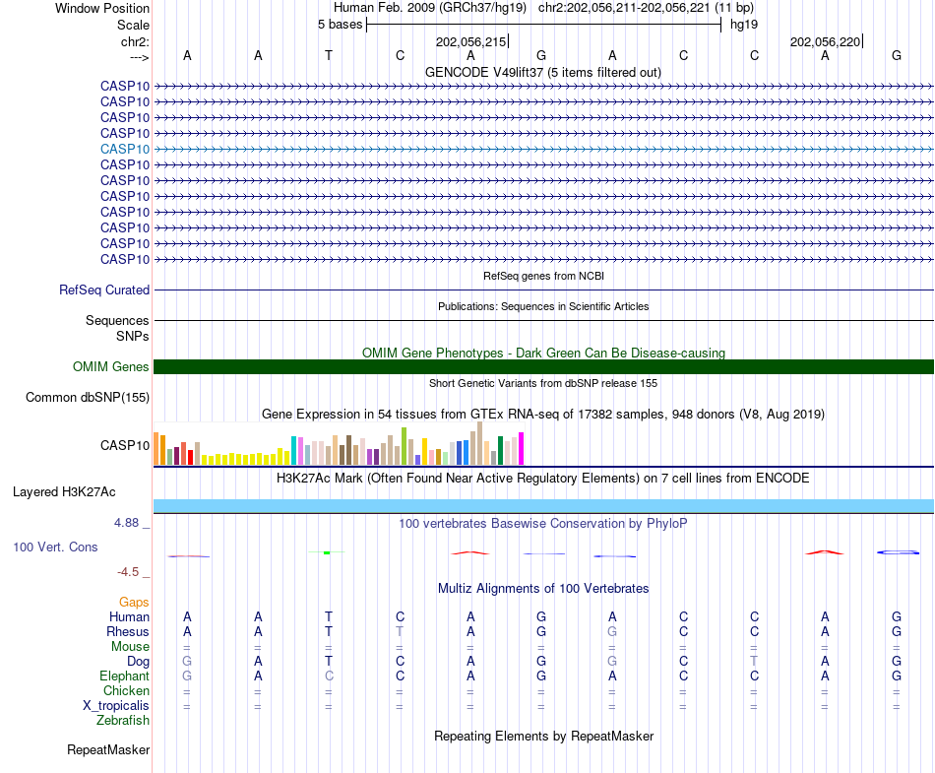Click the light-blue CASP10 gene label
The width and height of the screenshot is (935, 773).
tap(125, 149)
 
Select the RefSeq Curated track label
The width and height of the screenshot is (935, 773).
tap(104, 290)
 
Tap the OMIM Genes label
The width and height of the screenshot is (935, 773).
tap(111, 367)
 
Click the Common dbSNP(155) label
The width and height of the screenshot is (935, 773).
tap(88, 398)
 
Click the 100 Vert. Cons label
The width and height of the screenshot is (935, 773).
tap(55, 547)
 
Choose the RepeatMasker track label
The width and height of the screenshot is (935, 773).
tap(108, 750)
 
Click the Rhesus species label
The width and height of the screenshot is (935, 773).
tap(128, 632)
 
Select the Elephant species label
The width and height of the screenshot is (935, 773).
tap(124, 676)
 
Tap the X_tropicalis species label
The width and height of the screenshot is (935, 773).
tap(116, 706)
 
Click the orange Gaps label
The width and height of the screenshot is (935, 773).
tap(134, 602)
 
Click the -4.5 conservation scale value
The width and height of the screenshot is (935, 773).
tap(129, 572)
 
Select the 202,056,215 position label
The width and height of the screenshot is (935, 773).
tap(470, 42)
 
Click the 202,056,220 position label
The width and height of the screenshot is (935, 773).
tap(825, 42)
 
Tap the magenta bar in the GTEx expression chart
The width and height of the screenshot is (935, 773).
tap(522, 449)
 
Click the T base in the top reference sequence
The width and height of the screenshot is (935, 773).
tap(329, 55)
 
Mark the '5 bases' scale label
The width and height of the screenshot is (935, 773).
tap(340, 25)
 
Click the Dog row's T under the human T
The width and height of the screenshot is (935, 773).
tap(329, 662)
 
